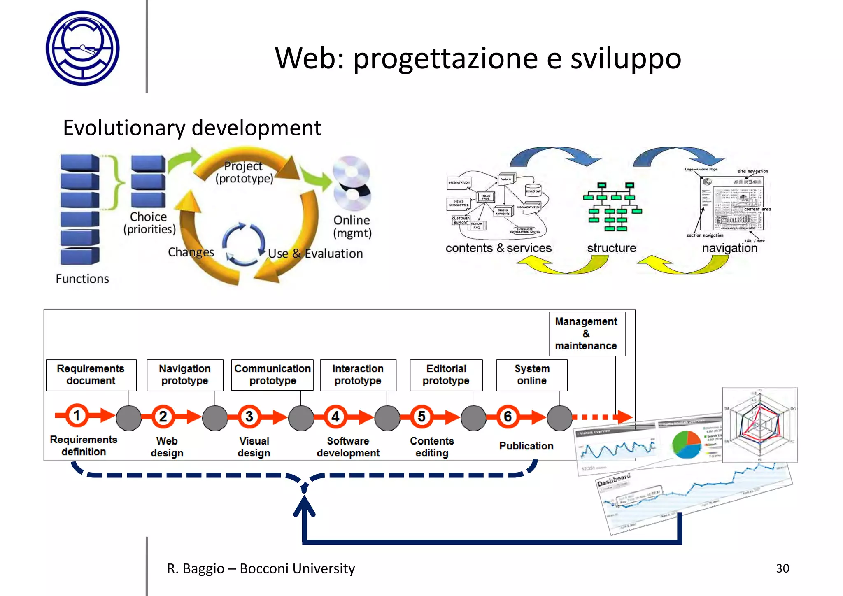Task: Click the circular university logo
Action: (83, 48)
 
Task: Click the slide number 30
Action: (782, 568)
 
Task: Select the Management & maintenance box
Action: (586, 333)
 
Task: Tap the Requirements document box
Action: (91, 375)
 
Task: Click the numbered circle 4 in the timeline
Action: (335, 417)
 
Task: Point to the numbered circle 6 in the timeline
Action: (508, 417)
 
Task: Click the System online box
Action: (531, 375)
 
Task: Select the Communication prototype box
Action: (272, 375)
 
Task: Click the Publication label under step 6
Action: (526, 446)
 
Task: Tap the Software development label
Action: (348, 447)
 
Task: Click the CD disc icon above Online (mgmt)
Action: (352, 183)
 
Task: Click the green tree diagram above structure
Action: (612, 207)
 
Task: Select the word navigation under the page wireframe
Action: (729, 248)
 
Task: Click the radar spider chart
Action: (759, 425)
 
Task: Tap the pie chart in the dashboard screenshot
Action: (686, 444)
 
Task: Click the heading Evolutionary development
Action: (192, 128)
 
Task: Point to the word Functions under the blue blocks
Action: (82, 279)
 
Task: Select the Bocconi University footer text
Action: (261, 568)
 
